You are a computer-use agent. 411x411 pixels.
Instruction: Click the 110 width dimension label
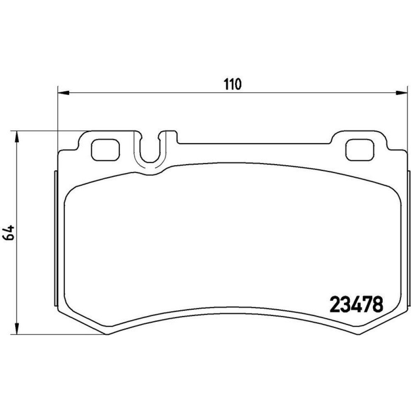click(x=232, y=84)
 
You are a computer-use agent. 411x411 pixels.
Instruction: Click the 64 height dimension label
click(x=8, y=233)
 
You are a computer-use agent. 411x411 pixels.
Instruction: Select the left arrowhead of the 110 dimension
click(x=63, y=93)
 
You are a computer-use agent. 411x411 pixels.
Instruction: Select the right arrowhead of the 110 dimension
click(x=402, y=93)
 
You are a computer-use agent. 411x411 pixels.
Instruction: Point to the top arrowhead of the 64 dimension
click(x=17, y=136)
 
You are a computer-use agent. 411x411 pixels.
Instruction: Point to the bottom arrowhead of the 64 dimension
click(x=17, y=329)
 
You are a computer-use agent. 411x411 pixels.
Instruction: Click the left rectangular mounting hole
click(x=105, y=150)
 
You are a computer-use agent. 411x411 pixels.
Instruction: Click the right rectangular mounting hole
click(x=360, y=150)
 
